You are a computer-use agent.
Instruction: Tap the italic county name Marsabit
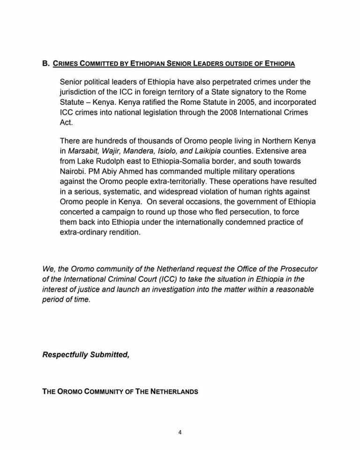tap(86, 151)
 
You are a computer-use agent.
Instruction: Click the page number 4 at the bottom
tap(180, 433)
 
